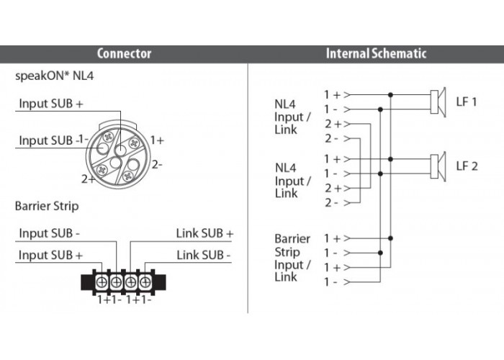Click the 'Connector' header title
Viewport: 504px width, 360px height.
pos(124,53)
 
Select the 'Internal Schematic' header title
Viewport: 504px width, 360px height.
pos(376,53)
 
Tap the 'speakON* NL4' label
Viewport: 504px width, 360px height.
pos(54,76)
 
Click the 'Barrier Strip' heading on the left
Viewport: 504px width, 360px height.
pos(47,206)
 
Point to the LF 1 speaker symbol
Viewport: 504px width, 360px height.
pos(438,102)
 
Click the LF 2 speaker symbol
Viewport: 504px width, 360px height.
pos(438,166)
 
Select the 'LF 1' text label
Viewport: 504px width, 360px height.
pos(467,102)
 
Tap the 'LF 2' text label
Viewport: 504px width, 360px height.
pos(467,166)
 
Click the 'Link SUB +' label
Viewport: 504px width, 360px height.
pos(204,233)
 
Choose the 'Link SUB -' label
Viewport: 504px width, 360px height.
pos(204,255)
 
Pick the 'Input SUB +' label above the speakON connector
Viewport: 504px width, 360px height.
pos(51,104)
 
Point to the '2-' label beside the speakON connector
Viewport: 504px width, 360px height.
pos(157,165)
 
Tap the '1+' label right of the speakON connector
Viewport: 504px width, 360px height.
pos(157,140)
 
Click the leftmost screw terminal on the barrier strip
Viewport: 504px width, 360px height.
pos(102,282)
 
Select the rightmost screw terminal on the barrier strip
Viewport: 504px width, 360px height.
pos(145,282)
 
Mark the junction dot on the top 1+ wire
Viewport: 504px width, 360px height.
pos(390,95)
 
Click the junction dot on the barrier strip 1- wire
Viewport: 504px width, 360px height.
pos(380,253)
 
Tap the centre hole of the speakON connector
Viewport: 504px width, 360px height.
pos(116,163)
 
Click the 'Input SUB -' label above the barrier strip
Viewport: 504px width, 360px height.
pos(49,233)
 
